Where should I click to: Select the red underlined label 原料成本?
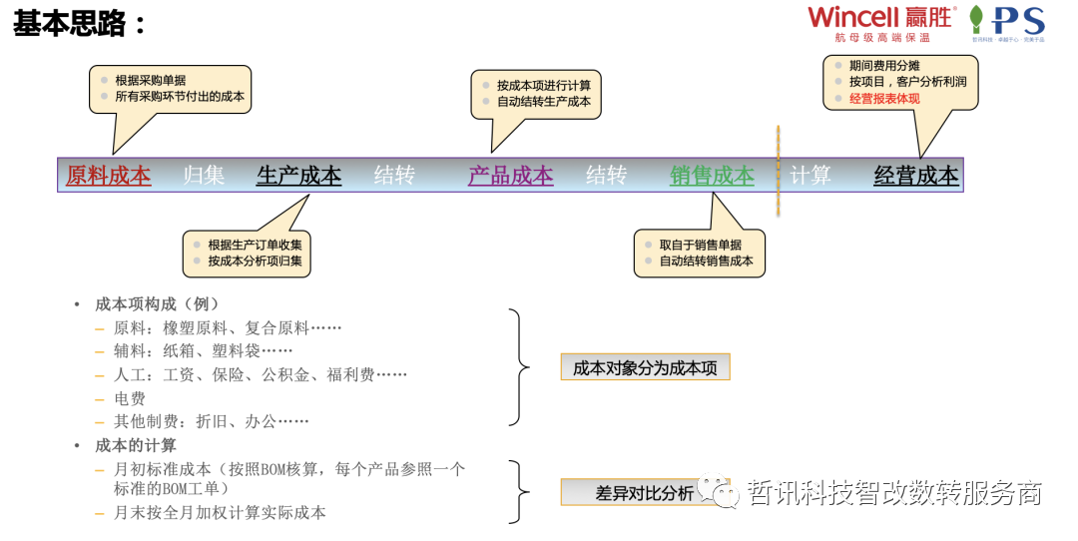[x=108, y=176]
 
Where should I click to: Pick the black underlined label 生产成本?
[x=298, y=176]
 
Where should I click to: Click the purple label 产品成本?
[x=510, y=176]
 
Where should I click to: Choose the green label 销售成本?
[x=712, y=176]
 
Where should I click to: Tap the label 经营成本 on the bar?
[x=915, y=176]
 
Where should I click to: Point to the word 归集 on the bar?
[x=204, y=176]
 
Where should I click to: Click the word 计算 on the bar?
[x=809, y=176]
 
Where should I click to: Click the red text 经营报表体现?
[x=884, y=99]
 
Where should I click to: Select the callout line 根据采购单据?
[x=150, y=80]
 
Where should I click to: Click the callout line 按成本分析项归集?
[x=255, y=261]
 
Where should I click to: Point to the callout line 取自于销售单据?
[x=700, y=245]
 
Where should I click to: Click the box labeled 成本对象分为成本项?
[x=645, y=367]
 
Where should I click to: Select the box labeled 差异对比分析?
[x=644, y=493]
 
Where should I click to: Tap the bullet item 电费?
[x=130, y=398]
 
